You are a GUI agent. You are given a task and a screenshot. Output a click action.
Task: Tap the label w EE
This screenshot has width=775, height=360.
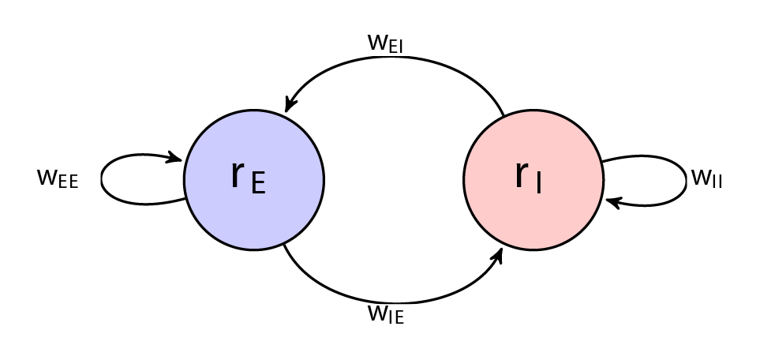(x=58, y=178)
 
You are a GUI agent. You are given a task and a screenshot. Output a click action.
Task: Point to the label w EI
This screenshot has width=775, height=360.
(x=385, y=43)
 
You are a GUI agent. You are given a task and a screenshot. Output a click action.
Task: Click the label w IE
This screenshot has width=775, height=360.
(x=385, y=315)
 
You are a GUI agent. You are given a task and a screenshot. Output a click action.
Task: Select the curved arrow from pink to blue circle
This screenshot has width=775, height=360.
(x=395, y=58)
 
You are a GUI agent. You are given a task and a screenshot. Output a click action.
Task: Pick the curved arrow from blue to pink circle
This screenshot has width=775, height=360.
(x=395, y=302)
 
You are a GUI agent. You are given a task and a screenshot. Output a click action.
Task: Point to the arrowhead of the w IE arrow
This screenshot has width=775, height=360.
(x=499, y=254)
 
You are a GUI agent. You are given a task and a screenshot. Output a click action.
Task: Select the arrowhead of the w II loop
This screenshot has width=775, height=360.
(x=612, y=202)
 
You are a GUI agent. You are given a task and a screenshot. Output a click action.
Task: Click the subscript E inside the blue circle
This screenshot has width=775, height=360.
(x=257, y=184)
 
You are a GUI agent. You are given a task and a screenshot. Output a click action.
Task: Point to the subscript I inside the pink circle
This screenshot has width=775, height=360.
(x=537, y=184)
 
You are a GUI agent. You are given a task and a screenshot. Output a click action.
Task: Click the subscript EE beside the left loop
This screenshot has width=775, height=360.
(x=67, y=182)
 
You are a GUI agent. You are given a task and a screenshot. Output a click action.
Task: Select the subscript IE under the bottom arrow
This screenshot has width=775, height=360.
(x=395, y=319)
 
